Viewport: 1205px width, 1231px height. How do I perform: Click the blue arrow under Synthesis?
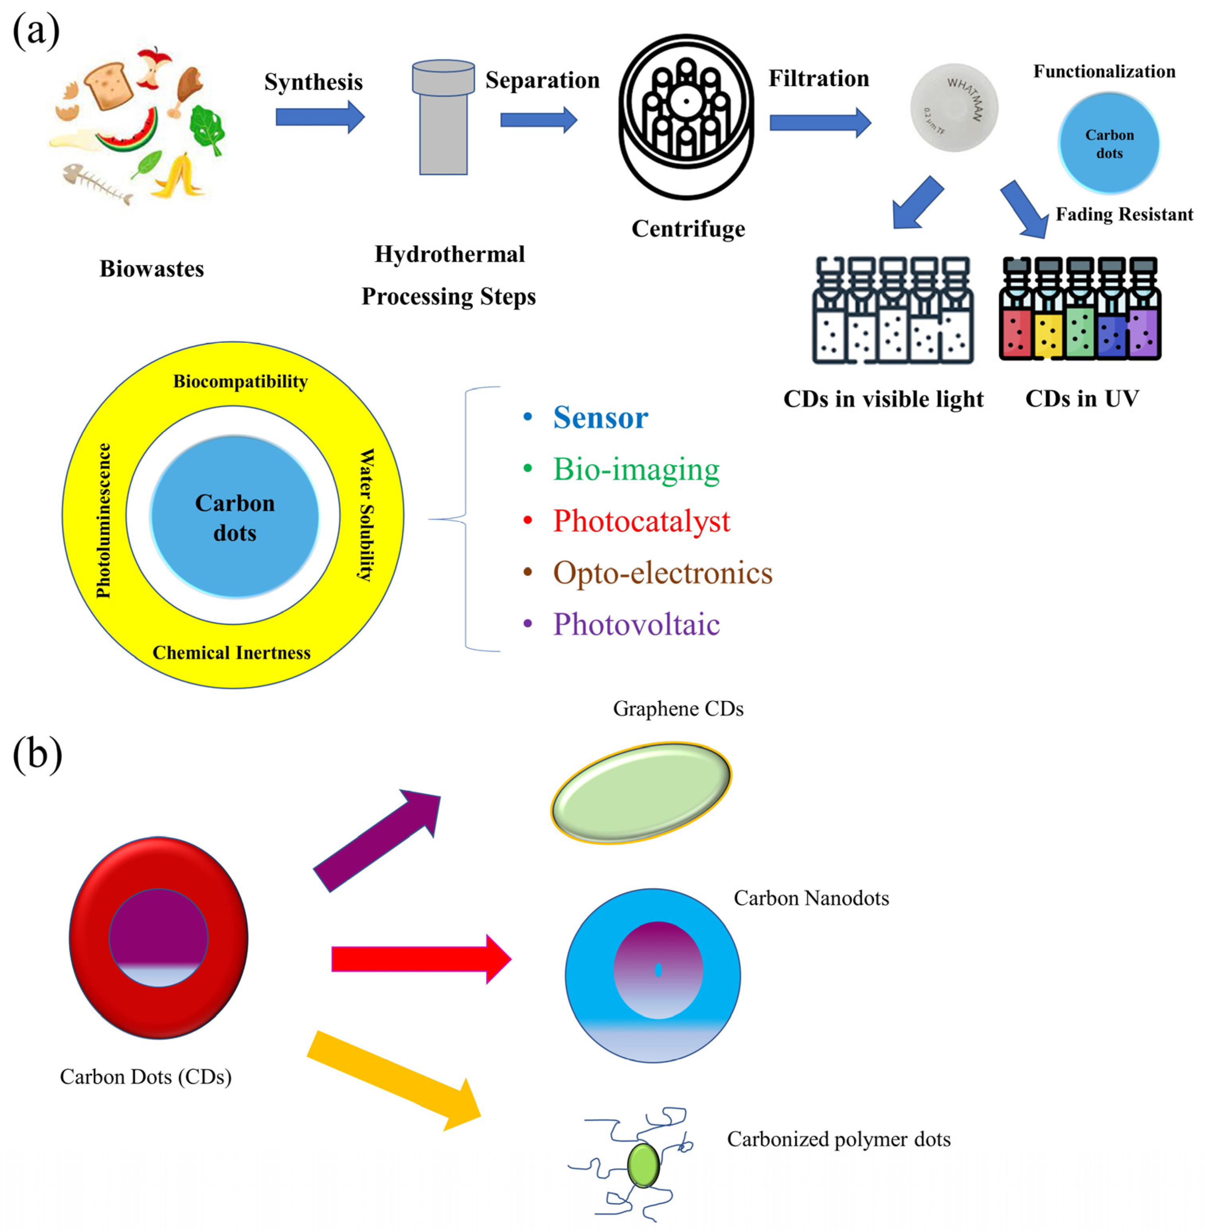tap(320, 117)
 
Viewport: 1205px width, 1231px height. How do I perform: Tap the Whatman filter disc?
tap(954, 107)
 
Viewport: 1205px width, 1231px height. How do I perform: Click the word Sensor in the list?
tap(600, 418)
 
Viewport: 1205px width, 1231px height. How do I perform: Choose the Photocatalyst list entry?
tap(641, 521)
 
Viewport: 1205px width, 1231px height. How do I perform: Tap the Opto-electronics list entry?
tap(662, 573)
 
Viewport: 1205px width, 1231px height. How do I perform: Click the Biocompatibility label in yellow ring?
tap(240, 382)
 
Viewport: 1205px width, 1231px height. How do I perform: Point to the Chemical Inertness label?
tap(232, 653)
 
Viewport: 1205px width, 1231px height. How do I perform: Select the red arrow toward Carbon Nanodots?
tap(421, 959)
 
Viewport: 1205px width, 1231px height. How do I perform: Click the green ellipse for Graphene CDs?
tap(641, 793)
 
